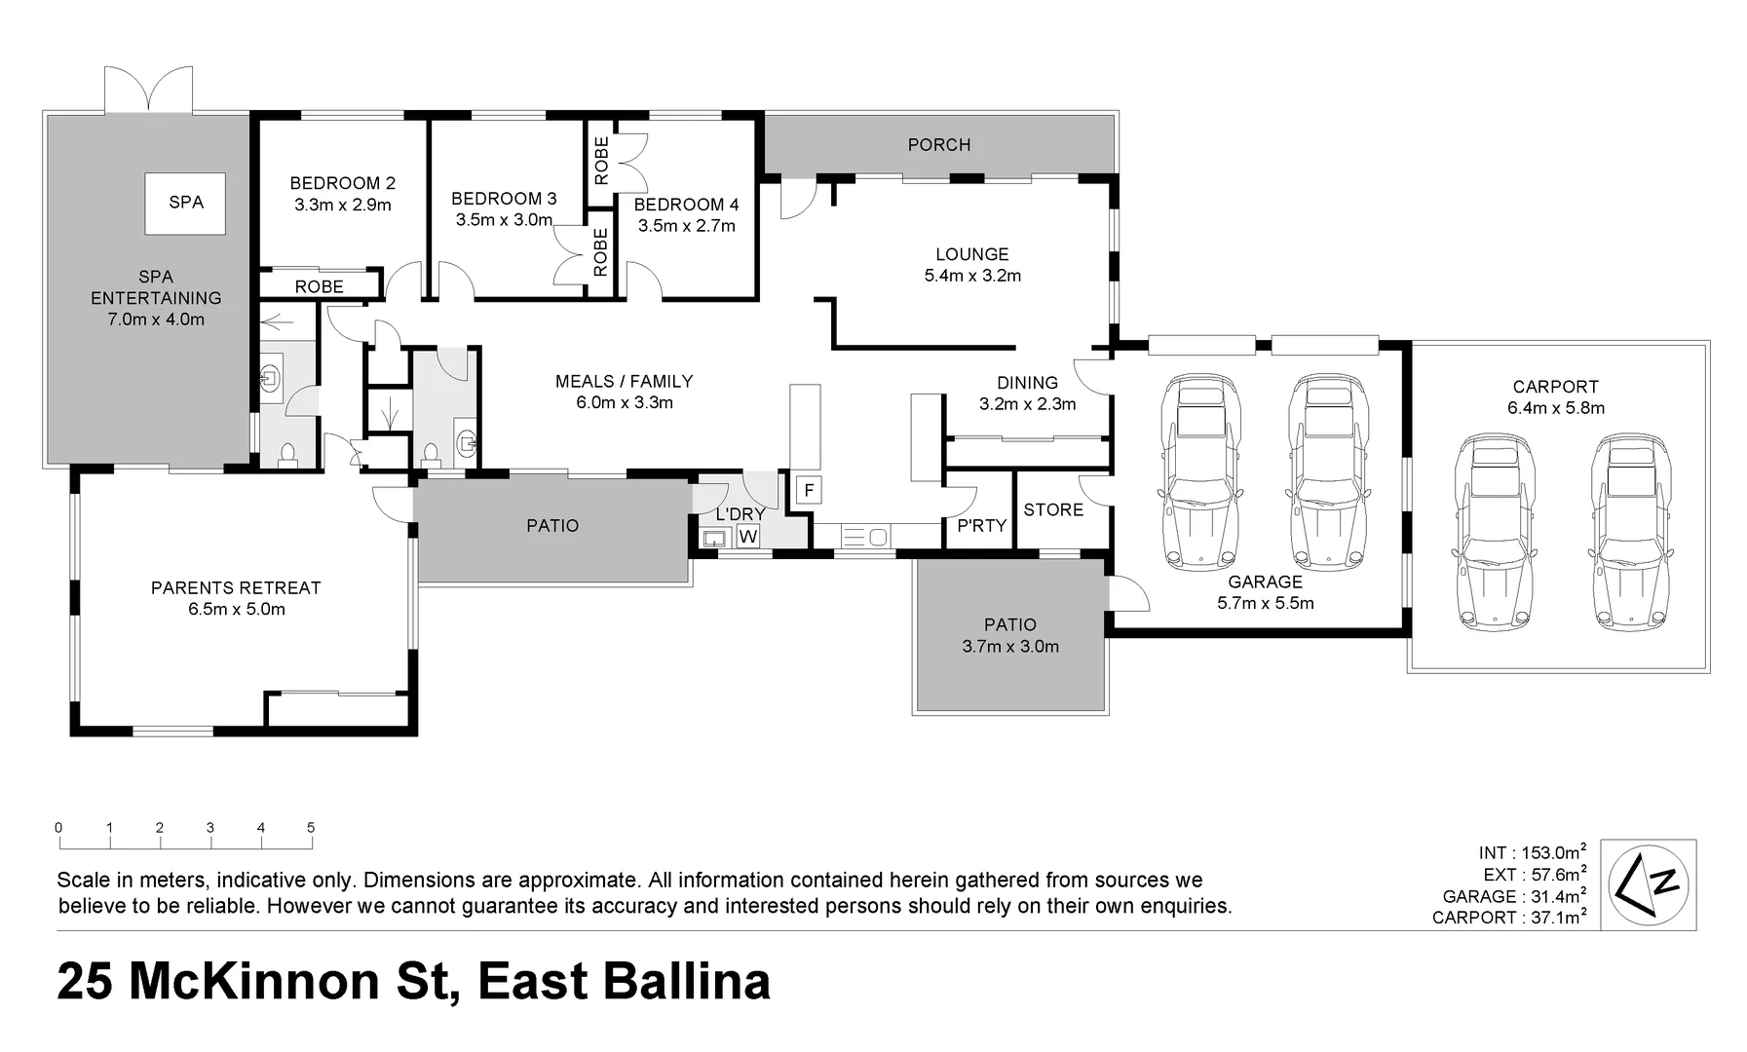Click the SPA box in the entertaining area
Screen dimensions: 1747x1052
185,203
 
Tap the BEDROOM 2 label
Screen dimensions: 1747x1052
342,183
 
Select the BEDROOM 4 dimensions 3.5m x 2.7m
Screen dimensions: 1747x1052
686,226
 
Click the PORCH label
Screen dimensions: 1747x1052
938,145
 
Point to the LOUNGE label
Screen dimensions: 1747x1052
971,254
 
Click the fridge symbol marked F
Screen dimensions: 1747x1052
808,489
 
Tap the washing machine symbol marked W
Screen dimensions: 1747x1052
747,537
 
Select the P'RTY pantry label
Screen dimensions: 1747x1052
981,526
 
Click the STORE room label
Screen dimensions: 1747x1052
1052,510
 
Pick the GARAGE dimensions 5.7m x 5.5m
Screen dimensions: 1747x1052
1265,603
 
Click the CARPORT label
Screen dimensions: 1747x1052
1555,387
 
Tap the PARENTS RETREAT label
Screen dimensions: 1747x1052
236,588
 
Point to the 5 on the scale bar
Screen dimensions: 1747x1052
311,828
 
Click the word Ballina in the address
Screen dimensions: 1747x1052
687,982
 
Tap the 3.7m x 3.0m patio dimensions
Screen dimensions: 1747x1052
1009,646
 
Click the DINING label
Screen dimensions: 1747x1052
1027,383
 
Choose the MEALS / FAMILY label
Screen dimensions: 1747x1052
624,382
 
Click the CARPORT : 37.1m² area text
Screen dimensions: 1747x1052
1509,918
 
